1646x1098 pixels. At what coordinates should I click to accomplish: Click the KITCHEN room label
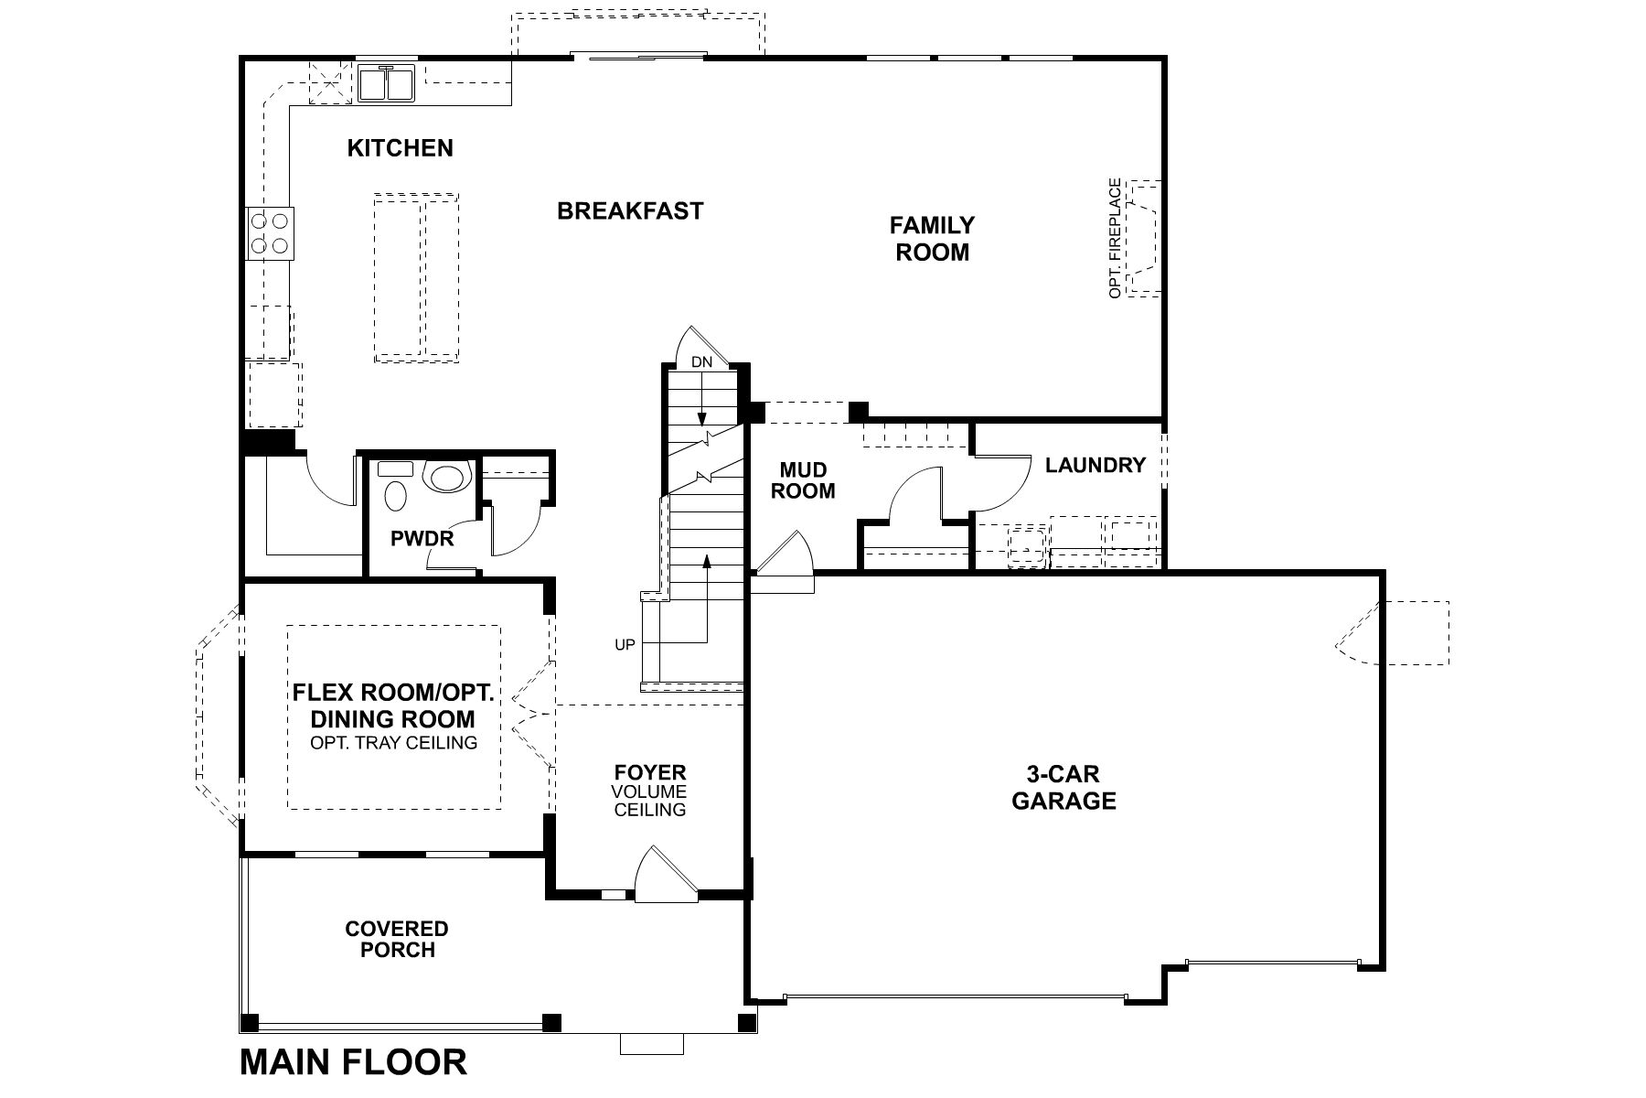pyautogui.click(x=400, y=148)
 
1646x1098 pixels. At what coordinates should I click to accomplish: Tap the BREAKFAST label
pyautogui.click(x=630, y=211)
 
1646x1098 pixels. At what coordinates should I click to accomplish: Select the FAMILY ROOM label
pyautogui.click(x=932, y=238)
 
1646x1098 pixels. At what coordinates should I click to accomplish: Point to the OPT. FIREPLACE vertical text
pyautogui.click(x=1115, y=238)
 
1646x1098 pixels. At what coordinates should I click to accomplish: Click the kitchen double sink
pyautogui.click(x=387, y=83)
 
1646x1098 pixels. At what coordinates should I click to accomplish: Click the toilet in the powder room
pyautogui.click(x=446, y=478)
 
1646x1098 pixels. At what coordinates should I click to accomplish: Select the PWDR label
pyautogui.click(x=422, y=539)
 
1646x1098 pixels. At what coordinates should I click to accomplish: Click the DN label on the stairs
pyautogui.click(x=701, y=362)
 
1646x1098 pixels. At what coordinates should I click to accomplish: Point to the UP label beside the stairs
pyautogui.click(x=625, y=645)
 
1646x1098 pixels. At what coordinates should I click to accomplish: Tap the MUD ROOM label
pyautogui.click(x=803, y=480)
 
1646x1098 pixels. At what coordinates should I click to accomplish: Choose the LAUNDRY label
pyautogui.click(x=1095, y=465)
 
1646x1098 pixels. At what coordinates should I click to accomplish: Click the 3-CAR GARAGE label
pyautogui.click(x=1063, y=788)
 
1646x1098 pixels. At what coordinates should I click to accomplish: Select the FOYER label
pyautogui.click(x=650, y=773)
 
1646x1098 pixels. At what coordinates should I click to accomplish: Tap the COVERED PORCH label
pyautogui.click(x=397, y=940)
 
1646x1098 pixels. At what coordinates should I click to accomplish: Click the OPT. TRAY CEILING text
pyautogui.click(x=393, y=743)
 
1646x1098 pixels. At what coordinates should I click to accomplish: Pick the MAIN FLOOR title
pyautogui.click(x=353, y=1062)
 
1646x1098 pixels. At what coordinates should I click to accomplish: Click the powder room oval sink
pyautogui.click(x=396, y=496)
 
